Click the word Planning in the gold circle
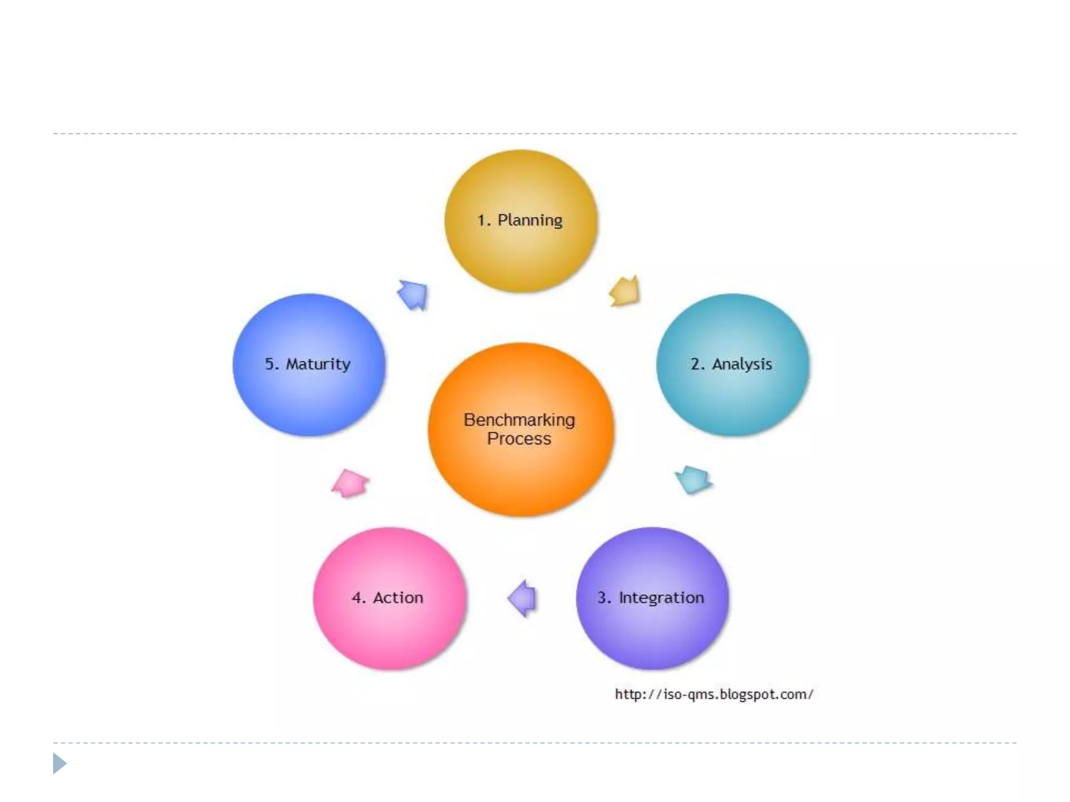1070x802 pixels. pos(530,220)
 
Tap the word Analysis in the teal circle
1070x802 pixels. pos(742,364)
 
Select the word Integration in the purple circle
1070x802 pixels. pos(661,597)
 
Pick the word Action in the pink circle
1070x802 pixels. pos(398,597)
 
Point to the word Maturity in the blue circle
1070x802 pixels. pos(318,364)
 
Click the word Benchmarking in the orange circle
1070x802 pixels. pos(519,420)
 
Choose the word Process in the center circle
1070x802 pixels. pos(519,439)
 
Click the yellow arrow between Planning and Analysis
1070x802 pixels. pos(625,291)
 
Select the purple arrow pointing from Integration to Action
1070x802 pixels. pos(522,598)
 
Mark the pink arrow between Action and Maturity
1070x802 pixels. pos(350,483)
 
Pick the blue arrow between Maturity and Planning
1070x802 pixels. pos(413,295)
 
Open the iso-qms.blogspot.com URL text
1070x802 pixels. pos(714,694)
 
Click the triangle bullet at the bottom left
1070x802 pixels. pos(60,763)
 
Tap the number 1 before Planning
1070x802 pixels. pos(481,220)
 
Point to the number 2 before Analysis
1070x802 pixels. pos(695,364)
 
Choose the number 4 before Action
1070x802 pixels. pos(357,597)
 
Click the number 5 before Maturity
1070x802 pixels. pos(270,364)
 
